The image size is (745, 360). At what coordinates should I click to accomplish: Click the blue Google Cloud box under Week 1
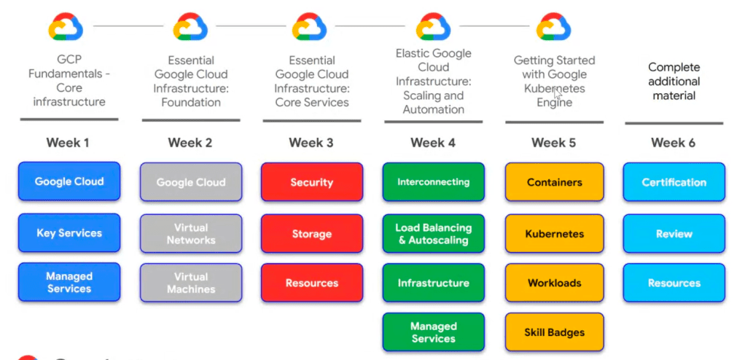(69, 181)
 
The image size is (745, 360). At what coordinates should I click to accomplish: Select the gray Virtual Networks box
(191, 234)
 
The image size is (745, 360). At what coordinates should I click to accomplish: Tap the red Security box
(312, 182)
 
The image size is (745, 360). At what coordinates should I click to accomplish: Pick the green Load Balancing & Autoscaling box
(433, 234)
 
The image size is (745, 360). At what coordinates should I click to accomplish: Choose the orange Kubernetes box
(554, 234)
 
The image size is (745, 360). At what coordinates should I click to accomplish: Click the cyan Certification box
(674, 182)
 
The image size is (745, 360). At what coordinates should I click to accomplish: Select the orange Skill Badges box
(554, 332)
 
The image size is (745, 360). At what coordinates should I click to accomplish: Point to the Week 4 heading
(433, 143)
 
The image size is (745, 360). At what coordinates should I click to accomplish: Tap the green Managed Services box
(433, 332)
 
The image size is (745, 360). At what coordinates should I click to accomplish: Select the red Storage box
(312, 234)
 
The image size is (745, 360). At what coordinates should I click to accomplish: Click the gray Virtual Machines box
(191, 283)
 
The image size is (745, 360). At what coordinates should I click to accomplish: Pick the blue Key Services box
(69, 233)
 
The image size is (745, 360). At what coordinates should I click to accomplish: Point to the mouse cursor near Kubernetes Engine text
(558, 93)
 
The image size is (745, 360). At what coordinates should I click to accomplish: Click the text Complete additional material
(674, 82)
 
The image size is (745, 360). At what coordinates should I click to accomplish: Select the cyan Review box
(674, 234)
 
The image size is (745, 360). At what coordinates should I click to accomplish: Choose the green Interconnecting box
(433, 182)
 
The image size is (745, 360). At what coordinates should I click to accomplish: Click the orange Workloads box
(554, 283)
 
